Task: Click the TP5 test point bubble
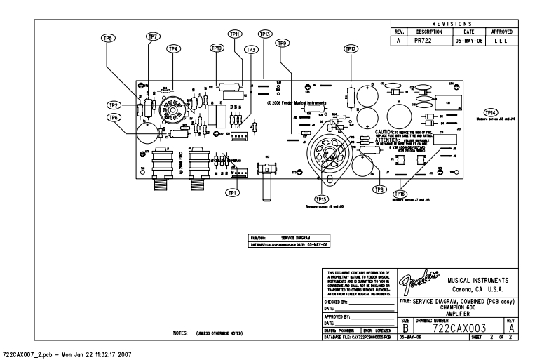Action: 109,38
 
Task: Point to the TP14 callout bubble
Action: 491,112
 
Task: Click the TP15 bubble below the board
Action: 322,199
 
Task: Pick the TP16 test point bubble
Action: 400,193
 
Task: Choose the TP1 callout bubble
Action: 232,192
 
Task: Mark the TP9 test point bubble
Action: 283,43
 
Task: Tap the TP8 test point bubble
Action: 379,189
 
